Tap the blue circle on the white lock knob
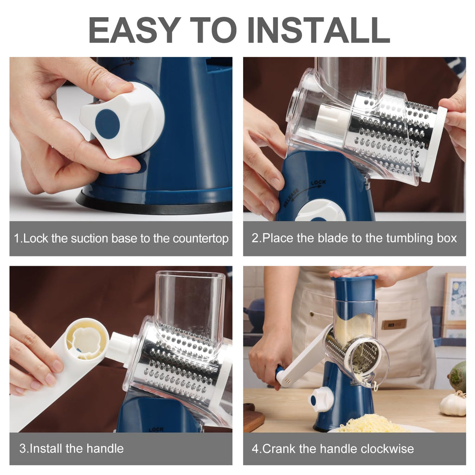(107, 124)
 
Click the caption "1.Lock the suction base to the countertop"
(121, 239)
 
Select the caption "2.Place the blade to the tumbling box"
(354, 239)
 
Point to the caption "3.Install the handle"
(71, 449)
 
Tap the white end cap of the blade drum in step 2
(433, 144)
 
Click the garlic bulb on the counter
(453, 404)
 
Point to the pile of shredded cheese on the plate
(370, 423)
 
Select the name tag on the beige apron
(394, 324)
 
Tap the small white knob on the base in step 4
(321, 399)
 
